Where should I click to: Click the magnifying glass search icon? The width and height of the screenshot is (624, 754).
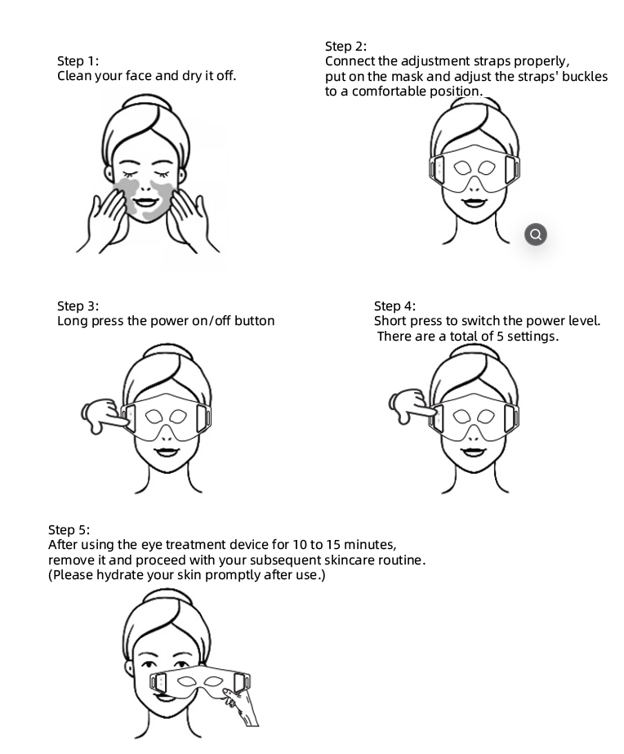click(x=536, y=234)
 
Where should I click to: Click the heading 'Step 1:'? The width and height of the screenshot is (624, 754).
click(x=78, y=60)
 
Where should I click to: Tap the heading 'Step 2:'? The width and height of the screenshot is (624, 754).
click(x=345, y=47)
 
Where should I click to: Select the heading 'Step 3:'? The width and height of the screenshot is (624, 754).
click(x=78, y=306)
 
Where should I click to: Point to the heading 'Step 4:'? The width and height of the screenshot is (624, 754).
click(x=394, y=306)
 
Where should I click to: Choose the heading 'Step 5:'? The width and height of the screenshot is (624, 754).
click(x=69, y=529)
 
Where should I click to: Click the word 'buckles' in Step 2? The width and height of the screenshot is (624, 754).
click(x=585, y=77)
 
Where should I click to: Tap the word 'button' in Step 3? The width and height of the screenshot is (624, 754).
click(x=254, y=321)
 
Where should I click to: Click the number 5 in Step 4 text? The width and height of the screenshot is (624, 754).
click(x=500, y=336)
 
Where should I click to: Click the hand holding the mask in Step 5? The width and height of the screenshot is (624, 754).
click(x=241, y=706)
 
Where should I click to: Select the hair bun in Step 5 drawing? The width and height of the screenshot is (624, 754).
click(x=167, y=597)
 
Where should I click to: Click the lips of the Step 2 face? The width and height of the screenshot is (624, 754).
click(x=473, y=202)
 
